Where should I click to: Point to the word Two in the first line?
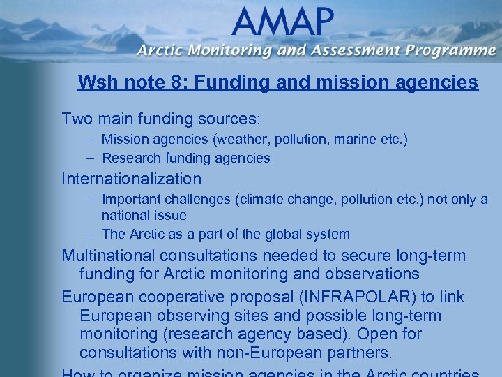(x=75, y=119)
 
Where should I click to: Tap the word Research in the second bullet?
(x=129, y=158)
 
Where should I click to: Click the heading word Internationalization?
(x=131, y=179)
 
